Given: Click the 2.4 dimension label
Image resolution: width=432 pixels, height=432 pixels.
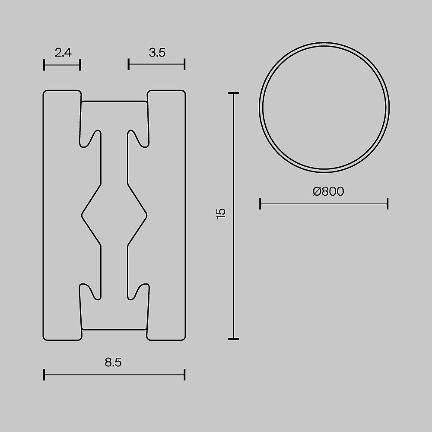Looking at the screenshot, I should pos(63,53).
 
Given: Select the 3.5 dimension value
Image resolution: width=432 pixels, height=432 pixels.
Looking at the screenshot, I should pos(157,53).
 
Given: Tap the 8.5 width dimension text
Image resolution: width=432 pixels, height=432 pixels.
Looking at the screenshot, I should pos(113,362).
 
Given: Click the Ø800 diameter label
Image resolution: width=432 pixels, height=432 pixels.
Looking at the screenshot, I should pos(328,191).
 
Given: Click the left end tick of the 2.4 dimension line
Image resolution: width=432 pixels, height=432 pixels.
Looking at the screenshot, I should pos(44,65).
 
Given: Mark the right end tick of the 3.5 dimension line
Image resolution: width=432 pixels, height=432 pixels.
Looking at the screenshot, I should pos(184,65).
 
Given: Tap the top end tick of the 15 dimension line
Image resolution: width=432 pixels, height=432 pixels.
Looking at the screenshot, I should pos(233,93).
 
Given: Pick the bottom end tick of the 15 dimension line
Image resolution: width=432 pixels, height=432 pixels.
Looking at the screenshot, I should pos(233,339).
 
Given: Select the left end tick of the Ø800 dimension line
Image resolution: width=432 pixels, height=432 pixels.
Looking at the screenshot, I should pos(260,203).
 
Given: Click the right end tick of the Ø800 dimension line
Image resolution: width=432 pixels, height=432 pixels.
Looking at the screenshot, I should pos(388,203).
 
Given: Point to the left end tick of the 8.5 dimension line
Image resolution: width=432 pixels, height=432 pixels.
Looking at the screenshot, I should pos(44,375).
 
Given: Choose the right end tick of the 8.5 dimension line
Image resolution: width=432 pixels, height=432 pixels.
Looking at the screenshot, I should pos(184,375).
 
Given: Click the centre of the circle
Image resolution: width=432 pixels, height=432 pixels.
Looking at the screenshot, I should pos(324,106).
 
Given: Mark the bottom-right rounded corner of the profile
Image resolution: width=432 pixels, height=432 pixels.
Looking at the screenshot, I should pos(183,338).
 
